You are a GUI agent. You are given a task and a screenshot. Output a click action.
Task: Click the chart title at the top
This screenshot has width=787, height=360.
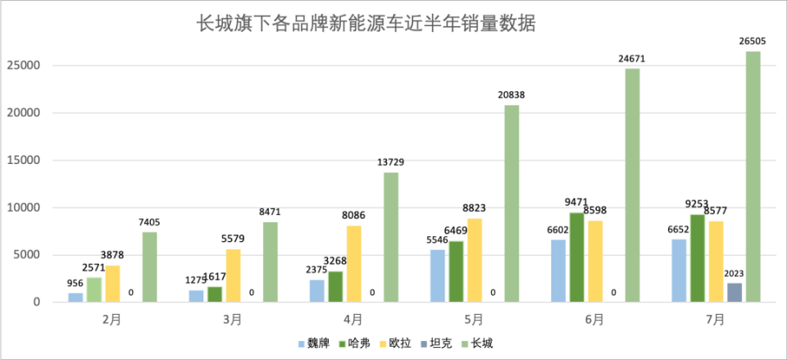(x=366, y=24)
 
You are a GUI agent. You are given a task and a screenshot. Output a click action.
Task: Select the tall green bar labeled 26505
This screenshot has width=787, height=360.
(x=753, y=176)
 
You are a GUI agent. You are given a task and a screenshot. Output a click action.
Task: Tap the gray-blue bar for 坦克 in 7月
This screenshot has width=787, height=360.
(x=735, y=293)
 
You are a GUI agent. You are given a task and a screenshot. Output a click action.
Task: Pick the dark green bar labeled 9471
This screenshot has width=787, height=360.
(x=577, y=257)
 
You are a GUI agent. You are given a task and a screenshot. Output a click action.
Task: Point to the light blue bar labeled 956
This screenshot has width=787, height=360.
(x=75, y=297)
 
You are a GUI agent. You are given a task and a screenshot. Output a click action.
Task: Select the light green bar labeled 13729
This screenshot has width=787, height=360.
(x=391, y=237)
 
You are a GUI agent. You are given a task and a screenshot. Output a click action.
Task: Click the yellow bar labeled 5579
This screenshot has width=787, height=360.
(x=233, y=276)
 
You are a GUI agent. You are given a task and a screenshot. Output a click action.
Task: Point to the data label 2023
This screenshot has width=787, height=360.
(x=735, y=274)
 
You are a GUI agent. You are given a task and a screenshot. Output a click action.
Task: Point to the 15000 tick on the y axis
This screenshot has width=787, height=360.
(x=24, y=160)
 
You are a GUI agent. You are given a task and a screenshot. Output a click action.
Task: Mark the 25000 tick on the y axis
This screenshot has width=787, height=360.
(x=24, y=66)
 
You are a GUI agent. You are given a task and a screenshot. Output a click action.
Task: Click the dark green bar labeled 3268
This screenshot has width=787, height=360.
(x=335, y=286)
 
